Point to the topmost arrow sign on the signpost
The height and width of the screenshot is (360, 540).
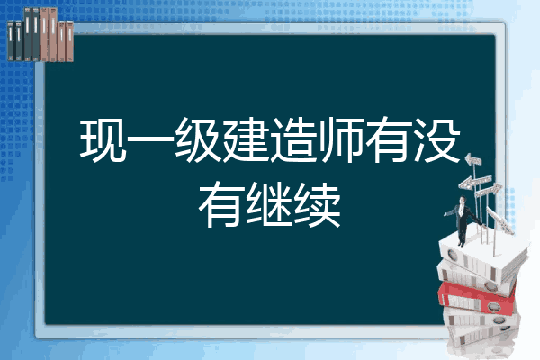tap(474, 163)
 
